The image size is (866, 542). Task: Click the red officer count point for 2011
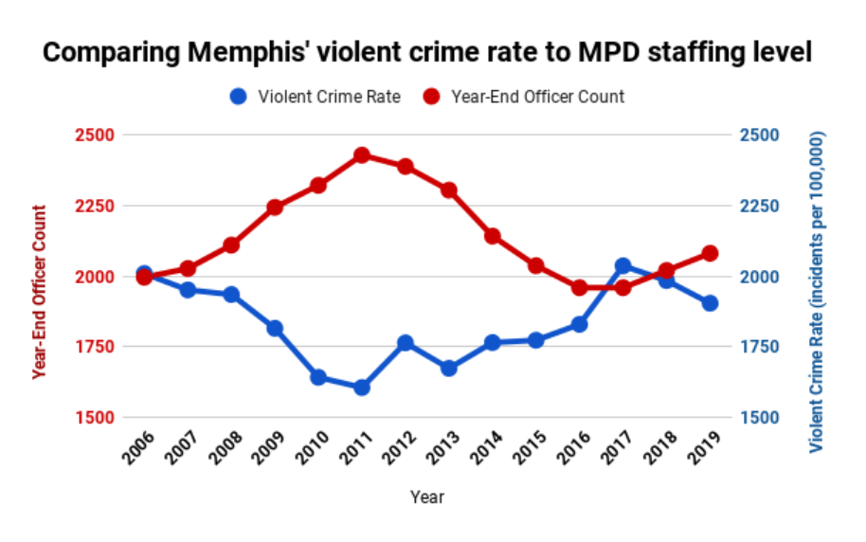(361, 154)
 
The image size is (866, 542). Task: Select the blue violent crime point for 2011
(361, 387)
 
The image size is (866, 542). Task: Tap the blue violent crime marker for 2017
(622, 266)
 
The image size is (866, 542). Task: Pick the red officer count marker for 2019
(710, 253)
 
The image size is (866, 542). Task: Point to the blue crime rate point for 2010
(318, 377)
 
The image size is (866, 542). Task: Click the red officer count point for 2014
(492, 236)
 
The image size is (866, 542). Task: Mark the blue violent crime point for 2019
(710, 303)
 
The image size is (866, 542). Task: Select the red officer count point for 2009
(275, 207)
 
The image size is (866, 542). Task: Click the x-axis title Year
(427, 497)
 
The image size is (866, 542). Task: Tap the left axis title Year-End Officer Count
(39, 292)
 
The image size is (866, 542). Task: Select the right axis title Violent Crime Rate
(816, 292)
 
